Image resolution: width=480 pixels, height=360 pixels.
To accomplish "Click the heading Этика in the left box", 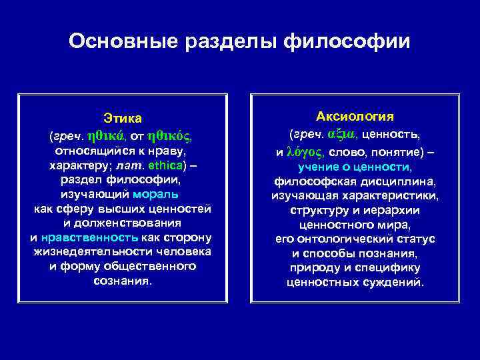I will point(123,119).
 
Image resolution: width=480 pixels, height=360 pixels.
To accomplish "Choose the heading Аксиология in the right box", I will point(355,116).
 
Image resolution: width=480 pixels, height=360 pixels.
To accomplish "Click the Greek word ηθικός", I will point(170,135).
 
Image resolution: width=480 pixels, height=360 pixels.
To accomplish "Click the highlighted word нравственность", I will point(89,237).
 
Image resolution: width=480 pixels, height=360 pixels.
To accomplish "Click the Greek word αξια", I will point(343,134).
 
